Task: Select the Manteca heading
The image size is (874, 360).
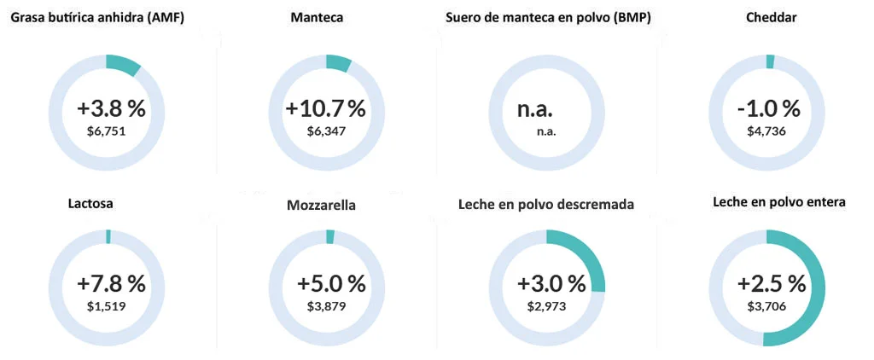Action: [317, 18]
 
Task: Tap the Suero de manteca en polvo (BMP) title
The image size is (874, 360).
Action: [548, 18]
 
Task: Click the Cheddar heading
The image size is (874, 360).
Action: [771, 18]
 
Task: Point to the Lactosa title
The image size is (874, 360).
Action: [90, 204]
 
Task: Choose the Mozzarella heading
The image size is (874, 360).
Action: [321, 206]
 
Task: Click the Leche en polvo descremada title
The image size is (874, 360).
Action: [545, 205]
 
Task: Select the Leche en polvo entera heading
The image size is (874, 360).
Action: [779, 203]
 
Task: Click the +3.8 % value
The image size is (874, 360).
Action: [111, 109]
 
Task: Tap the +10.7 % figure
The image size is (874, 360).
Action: [325, 109]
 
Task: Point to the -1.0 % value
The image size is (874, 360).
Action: [768, 109]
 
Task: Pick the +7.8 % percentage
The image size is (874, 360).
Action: [111, 283]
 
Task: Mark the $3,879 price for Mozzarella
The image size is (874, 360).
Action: [327, 305]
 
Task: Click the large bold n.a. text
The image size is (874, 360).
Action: [535, 109]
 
